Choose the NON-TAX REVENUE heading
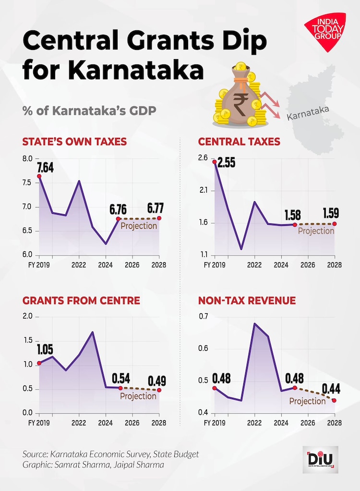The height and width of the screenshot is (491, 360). coord(247,301)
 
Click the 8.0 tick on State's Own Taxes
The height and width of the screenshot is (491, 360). coord(27,159)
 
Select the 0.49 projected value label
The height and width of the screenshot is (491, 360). coord(156,381)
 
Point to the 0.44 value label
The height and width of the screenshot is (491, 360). coord(332,388)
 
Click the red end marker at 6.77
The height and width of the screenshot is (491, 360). coord(159,218)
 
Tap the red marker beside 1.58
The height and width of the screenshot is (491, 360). coord(295,224)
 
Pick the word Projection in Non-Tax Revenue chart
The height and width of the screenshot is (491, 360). coord(307,401)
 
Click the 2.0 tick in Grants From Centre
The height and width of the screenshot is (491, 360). coord(27,317)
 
